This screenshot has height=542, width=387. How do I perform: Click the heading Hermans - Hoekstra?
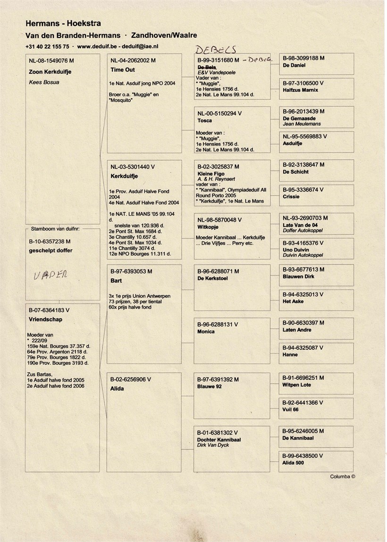(x=63, y=23)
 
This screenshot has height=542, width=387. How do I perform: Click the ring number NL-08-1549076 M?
(x=51, y=61)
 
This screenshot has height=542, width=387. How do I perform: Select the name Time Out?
(x=123, y=70)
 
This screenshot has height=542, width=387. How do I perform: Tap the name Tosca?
(x=204, y=120)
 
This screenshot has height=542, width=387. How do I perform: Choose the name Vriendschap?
(x=45, y=319)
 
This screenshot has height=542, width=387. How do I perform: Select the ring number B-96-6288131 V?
(x=218, y=325)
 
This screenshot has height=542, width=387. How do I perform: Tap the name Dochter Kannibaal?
(x=219, y=439)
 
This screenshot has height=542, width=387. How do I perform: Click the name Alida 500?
(x=293, y=463)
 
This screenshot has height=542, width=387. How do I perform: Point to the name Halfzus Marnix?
(x=300, y=90)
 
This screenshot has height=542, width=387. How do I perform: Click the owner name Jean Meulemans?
(x=302, y=124)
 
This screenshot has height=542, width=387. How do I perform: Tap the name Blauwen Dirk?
(x=299, y=276)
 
